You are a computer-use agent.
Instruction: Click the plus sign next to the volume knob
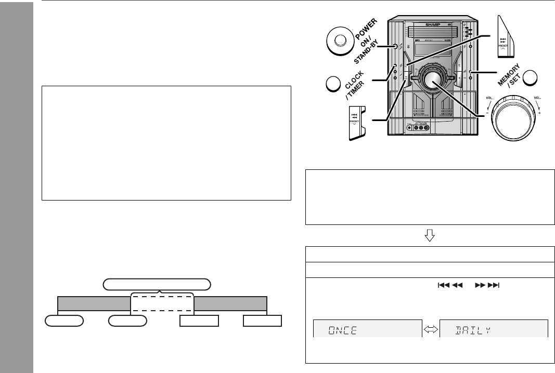coord(540,113)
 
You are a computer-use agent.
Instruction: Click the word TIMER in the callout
coord(353,92)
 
